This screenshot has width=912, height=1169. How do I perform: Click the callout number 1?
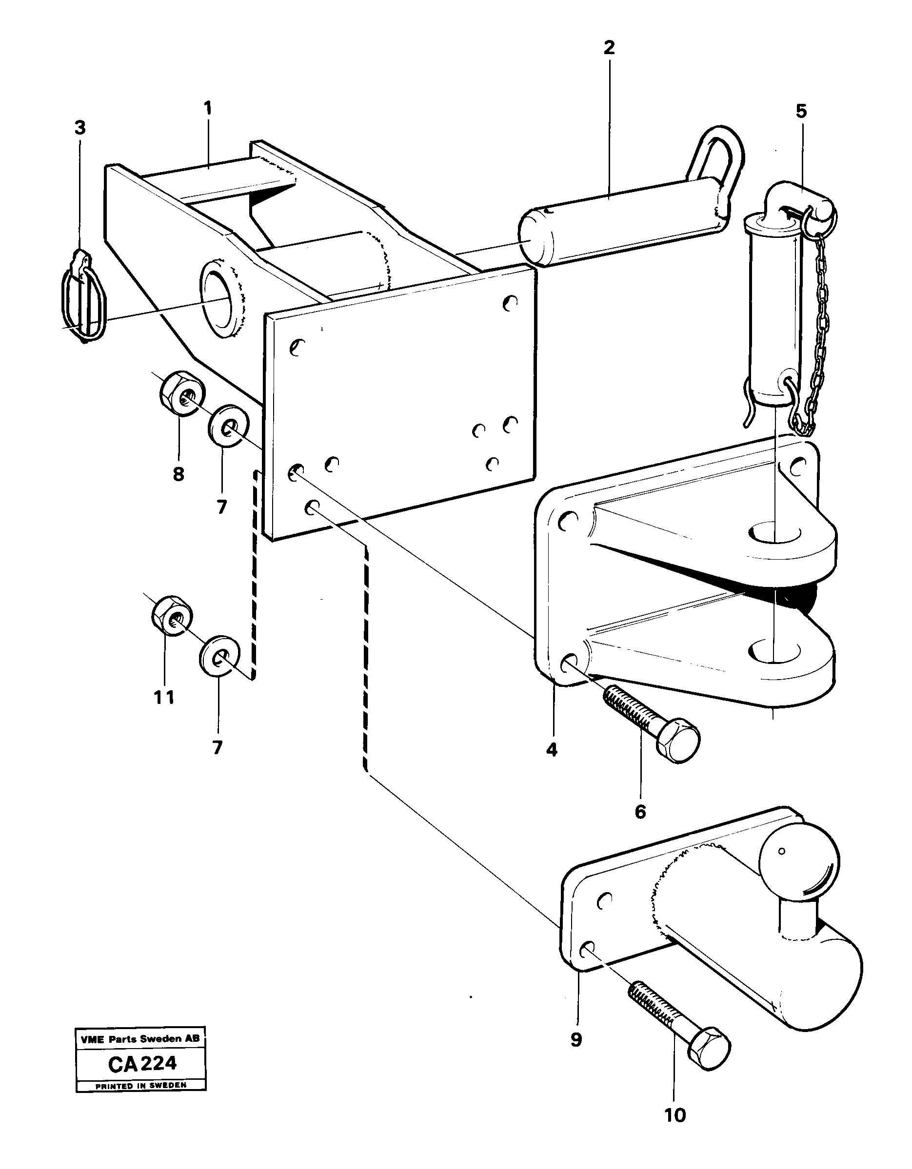[x=208, y=109]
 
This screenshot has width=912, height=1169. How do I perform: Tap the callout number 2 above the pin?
[x=608, y=48]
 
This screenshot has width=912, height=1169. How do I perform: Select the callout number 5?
[x=801, y=111]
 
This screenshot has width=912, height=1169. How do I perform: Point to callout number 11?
[x=164, y=698]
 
